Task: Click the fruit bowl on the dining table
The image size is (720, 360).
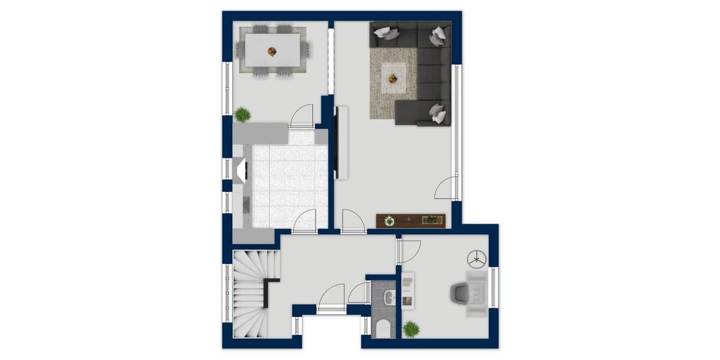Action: coord(272,52)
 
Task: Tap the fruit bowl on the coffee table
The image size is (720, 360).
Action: coord(393,78)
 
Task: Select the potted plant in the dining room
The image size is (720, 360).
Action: coord(242,114)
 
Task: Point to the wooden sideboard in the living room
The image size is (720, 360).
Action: coord(412,221)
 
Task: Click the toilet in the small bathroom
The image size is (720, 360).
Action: coord(383,329)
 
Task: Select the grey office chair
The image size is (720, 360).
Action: coord(460,293)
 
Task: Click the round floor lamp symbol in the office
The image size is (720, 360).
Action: coord(476,259)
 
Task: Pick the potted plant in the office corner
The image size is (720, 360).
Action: coord(411,328)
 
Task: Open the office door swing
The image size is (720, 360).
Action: coord(410,251)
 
